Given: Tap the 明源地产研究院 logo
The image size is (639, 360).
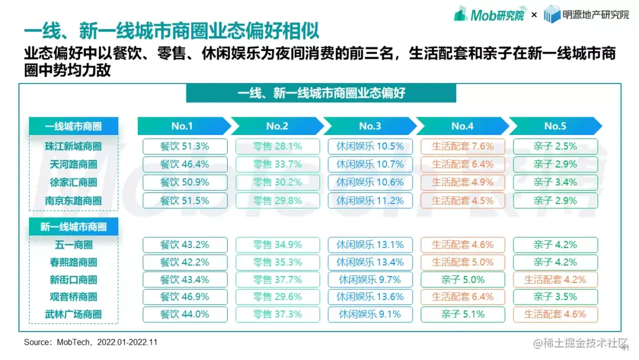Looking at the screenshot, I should tap(586, 15).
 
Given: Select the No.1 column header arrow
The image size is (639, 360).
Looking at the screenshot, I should tap(183, 126).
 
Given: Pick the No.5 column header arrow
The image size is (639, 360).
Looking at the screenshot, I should tap(555, 126).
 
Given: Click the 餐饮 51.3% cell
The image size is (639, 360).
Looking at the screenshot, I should tap(185, 146).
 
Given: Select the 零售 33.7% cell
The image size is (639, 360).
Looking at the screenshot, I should tap(277, 164).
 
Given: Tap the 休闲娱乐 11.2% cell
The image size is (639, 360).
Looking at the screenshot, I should tap(370, 201).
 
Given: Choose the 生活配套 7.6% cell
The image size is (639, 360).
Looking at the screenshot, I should tap(463, 146).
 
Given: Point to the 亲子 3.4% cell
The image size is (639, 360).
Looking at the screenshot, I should tap(555, 182).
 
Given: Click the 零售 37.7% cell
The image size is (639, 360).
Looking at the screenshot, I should tap(277, 279).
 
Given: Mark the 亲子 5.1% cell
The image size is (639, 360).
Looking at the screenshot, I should tap(463, 314).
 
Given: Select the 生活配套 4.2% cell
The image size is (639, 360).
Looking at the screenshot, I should tap(555, 279).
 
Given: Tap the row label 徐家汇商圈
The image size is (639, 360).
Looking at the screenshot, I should tap(73, 183).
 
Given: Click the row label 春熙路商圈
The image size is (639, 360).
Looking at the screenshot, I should tap(73, 262).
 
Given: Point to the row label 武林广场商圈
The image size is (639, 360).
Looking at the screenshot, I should tap(73, 314).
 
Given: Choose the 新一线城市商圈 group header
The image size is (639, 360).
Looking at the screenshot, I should tap(73, 227).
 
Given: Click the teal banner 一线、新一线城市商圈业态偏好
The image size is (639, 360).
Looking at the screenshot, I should tap(321, 93).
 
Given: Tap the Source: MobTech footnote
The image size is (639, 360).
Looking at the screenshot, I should tap(91, 342).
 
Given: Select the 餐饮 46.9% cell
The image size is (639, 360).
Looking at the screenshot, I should tap(185, 297).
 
